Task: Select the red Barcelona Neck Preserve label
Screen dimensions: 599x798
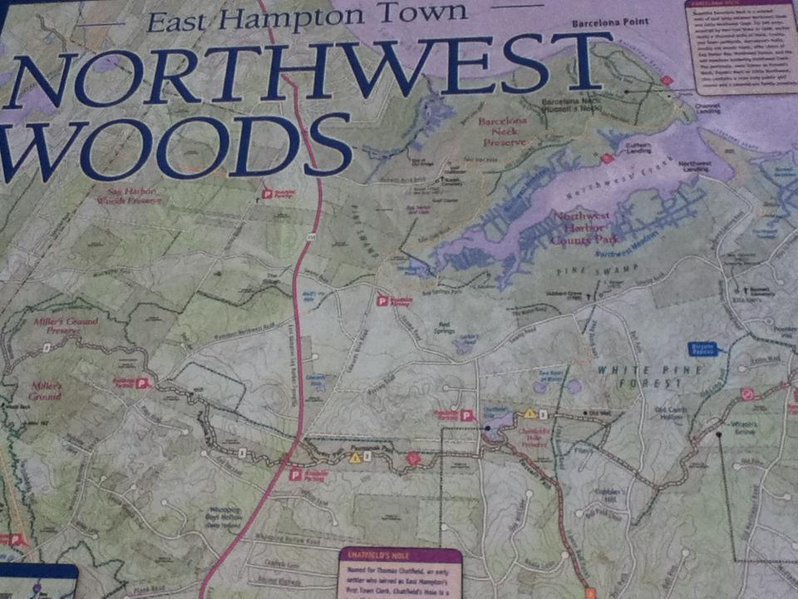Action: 502,131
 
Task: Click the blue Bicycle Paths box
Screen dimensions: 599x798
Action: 703,349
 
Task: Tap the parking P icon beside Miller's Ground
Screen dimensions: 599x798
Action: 141,383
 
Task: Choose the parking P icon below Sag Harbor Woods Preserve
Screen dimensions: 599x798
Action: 267,193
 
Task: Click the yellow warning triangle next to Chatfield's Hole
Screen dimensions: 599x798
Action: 529,413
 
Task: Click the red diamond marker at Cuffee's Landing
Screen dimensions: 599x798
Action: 607,158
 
